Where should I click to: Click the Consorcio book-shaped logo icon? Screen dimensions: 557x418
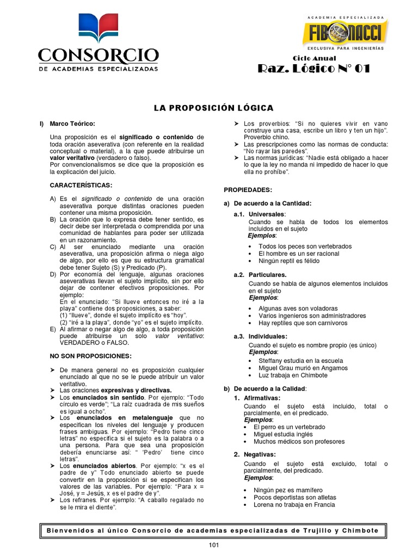point(98,29)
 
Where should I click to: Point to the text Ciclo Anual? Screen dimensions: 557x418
point(315,58)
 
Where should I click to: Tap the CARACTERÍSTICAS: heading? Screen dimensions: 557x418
point(81,185)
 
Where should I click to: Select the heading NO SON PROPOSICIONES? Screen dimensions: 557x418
point(90,356)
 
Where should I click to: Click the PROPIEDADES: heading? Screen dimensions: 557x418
point(248,190)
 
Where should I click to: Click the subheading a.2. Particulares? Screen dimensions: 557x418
point(260,275)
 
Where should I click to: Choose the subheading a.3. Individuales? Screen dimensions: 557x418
point(260,337)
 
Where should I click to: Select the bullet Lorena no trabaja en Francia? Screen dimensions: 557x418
point(294,505)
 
